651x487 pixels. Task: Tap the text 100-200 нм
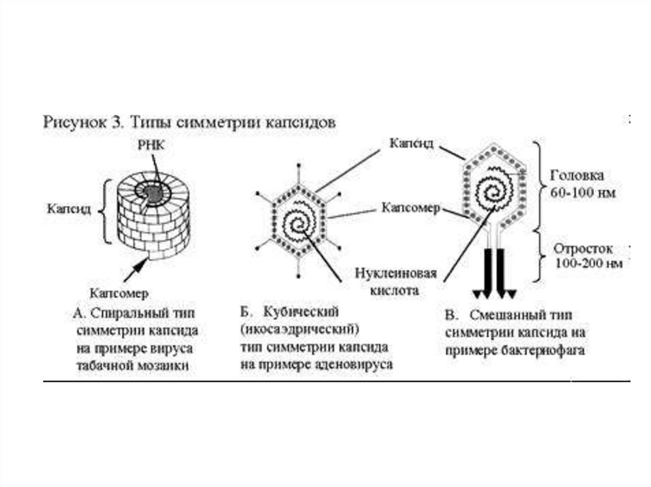[x=584, y=262]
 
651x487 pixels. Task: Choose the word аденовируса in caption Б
[x=359, y=366]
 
